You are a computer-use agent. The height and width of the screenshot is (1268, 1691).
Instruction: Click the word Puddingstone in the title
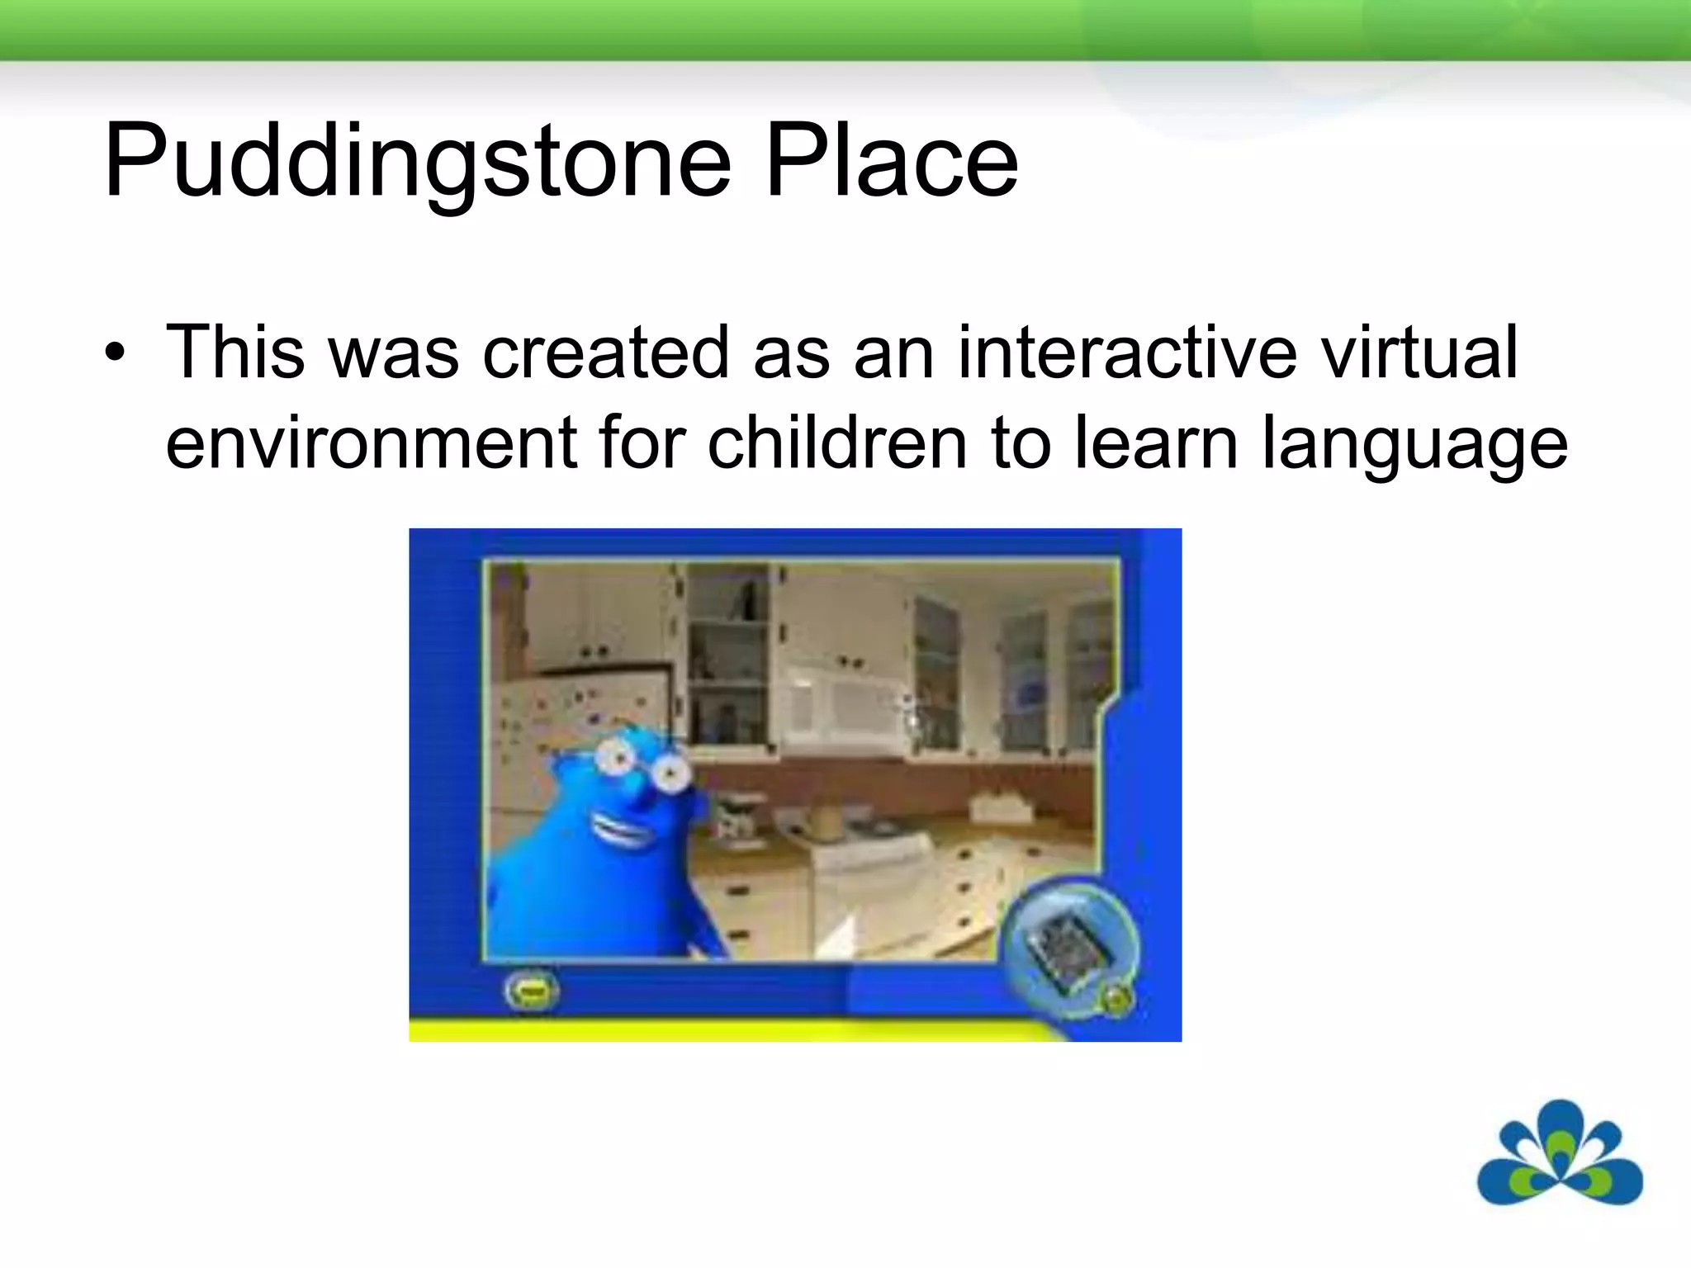(417, 161)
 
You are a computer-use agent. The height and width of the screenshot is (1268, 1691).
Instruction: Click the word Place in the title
(892, 161)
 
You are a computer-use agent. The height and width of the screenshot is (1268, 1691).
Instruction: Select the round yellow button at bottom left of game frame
(532, 991)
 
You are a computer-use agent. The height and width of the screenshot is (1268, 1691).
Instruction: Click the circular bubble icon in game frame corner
(1069, 945)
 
